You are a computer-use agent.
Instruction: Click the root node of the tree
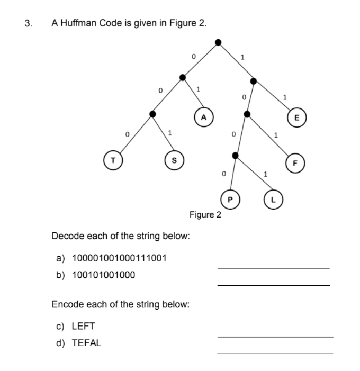[x=218, y=42]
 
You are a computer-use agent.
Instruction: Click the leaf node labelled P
[x=229, y=200]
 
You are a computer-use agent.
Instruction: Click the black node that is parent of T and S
[x=153, y=114]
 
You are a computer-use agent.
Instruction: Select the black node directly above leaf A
[x=183, y=77]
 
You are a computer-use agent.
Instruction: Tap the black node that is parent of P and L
[x=236, y=155]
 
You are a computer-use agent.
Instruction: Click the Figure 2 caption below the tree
[x=205, y=215]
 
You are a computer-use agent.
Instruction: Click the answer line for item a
[x=273, y=268]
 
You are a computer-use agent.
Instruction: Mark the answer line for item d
[x=275, y=353]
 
